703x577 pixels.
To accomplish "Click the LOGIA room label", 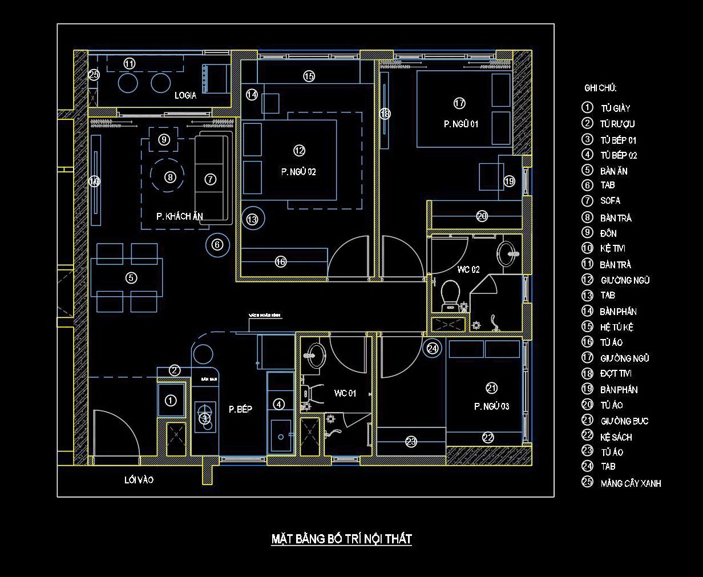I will [x=185, y=95].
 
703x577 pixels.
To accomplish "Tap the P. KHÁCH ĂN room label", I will [x=180, y=216].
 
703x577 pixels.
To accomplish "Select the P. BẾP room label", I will [x=240, y=409].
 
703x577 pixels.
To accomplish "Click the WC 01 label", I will [x=345, y=393].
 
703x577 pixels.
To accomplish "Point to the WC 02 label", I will [x=468, y=269].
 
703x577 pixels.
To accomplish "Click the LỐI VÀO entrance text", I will [x=139, y=480].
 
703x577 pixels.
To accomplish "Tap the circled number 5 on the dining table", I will [x=131, y=278].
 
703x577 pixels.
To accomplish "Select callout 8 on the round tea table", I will [x=169, y=177].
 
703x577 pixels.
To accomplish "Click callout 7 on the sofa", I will [x=210, y=179].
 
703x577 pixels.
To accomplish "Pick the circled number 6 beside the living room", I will [x=217, y=245].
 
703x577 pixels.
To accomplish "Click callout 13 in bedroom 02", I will [x=252, y=219].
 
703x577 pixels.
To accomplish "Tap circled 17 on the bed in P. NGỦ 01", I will [x=459, y=103].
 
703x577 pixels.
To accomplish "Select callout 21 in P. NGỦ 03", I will [x=491, y=388].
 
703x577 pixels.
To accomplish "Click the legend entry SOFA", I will [x=610, y=201].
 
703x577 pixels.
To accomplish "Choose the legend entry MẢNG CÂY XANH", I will [x=631, y=483].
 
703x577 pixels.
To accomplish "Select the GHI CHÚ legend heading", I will [x=600, y=88].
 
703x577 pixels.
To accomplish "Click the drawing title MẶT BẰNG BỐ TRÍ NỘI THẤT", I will [x=341, y=539].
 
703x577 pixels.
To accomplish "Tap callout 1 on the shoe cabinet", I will [x=171, y=401].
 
